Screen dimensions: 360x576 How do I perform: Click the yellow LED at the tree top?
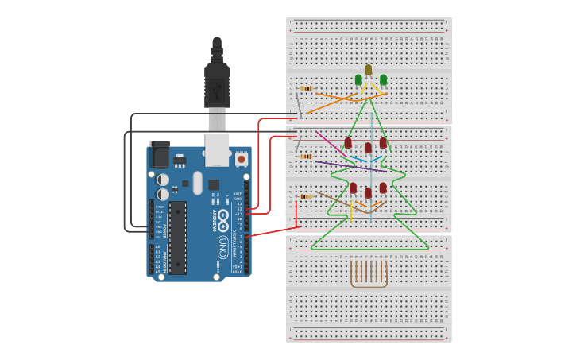368,70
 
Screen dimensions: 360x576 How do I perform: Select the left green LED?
358,79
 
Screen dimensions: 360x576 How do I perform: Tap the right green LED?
384,79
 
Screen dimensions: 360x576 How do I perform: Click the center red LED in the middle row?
368,148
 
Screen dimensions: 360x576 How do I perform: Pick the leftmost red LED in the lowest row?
353,188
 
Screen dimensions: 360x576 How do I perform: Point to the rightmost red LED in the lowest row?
383,188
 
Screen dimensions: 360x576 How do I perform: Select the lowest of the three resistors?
307,196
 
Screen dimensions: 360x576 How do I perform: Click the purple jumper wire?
350,166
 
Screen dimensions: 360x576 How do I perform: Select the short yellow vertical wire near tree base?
350,211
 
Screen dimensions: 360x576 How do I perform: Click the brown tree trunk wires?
369,273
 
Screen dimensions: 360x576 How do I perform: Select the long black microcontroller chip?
178,237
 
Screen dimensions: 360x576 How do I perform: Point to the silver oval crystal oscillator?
198,183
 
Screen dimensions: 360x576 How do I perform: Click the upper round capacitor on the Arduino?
163,180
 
